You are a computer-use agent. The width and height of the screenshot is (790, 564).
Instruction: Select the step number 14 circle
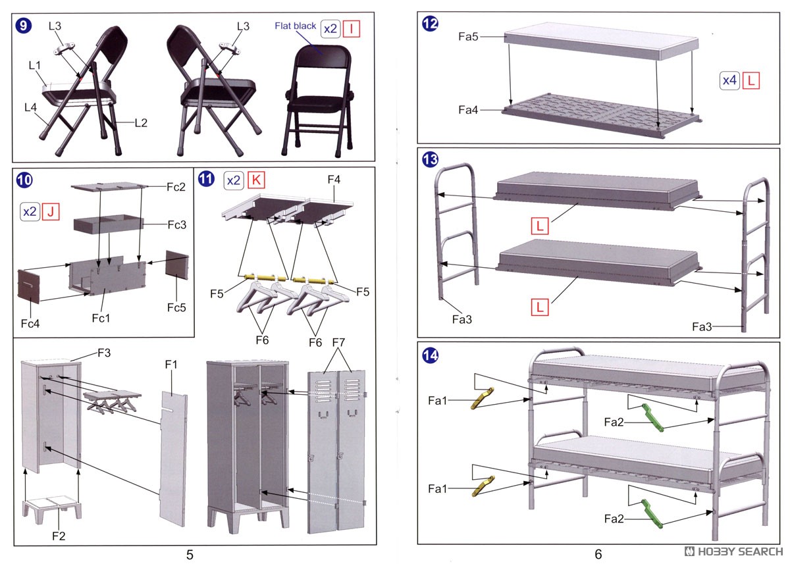point(430,355)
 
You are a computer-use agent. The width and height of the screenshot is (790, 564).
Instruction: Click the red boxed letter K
point(256,180)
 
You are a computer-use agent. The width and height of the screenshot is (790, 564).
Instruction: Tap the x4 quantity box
point(729,80)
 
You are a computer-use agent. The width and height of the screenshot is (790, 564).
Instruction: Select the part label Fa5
point(468,38)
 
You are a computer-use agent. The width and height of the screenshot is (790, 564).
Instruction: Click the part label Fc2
point(176,187)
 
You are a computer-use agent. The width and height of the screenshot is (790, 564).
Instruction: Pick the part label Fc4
point(30,324)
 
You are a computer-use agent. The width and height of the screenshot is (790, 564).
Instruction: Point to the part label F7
point(338,343)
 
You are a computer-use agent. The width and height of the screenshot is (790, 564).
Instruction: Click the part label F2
point(59,536)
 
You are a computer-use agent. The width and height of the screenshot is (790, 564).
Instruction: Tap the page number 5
point(190,554)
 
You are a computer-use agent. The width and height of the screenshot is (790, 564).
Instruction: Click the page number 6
point(598,554)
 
